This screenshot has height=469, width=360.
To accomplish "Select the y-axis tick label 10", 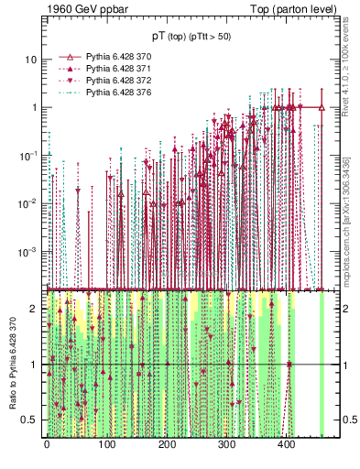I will [x=29, y=60].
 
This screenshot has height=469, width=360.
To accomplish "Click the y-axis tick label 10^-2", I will [x=27, y=203].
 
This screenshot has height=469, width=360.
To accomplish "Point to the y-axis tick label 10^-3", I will [x=27, y=251].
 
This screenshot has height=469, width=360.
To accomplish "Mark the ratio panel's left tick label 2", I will [x=33, y=309].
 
